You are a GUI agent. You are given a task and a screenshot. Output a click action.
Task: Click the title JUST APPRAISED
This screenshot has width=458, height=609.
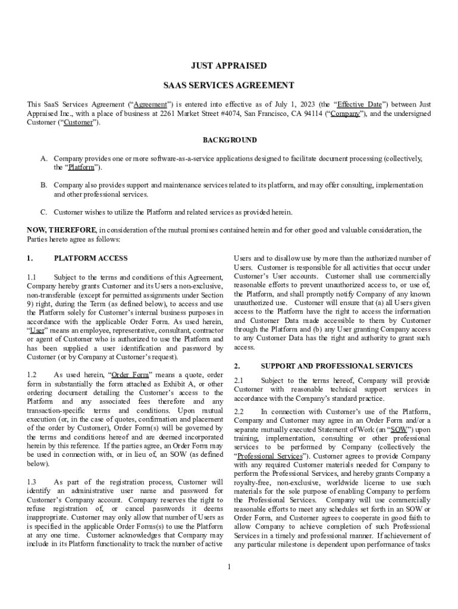229,66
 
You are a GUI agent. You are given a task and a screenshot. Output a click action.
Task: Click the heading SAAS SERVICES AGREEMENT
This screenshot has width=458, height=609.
229,86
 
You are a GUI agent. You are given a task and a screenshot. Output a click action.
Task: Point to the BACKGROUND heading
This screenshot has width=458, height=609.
230,140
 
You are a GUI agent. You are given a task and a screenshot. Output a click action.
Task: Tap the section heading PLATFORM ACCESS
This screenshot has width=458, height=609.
90,259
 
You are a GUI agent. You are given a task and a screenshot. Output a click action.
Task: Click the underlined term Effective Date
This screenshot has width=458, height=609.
360,104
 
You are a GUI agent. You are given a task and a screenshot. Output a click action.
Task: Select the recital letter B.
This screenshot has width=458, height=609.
44,185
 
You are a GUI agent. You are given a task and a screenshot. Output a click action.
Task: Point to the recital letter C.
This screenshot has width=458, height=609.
44,212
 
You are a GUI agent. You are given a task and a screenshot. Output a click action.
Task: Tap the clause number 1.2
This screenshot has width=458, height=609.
32,375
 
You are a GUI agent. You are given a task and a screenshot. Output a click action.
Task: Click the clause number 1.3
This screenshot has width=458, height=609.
32,482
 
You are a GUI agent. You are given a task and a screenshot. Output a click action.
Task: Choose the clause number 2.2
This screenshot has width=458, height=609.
239,412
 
